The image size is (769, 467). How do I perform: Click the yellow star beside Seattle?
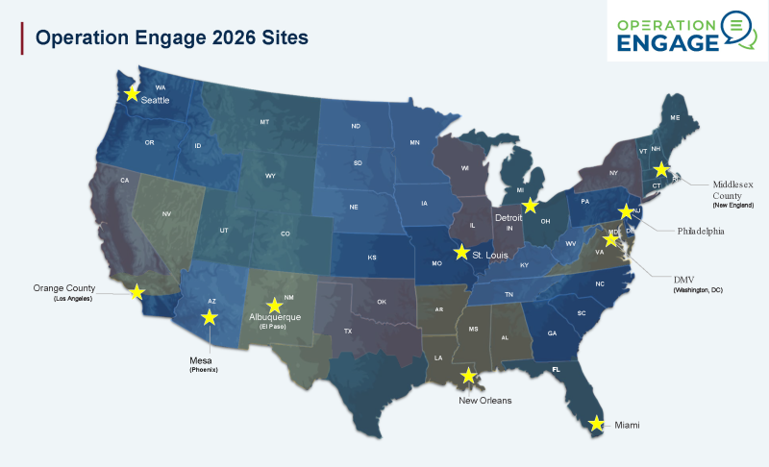click(x=133, y=93)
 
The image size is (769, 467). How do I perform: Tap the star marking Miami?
click(x=596, y=423)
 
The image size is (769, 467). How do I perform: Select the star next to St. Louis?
click(x=461, y=253)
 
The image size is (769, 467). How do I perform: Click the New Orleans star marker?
click(x=469, y=376)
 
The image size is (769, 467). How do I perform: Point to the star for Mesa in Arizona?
click(x=209, y=317)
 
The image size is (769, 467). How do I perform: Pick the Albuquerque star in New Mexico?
click(x=274, y=306)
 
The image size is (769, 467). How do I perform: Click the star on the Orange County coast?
click(x=136, y=291)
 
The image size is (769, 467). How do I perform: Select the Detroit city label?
click(x=509, y=218)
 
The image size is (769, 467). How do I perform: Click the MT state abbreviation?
click(x=264, y=123)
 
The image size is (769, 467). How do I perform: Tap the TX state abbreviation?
click(x=348, y=331)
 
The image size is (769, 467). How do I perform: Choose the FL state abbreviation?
click(x=555, y=369)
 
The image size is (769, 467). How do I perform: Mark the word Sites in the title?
click(x=282, y=37)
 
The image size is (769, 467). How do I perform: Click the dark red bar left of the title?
click(x=22, y=37)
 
